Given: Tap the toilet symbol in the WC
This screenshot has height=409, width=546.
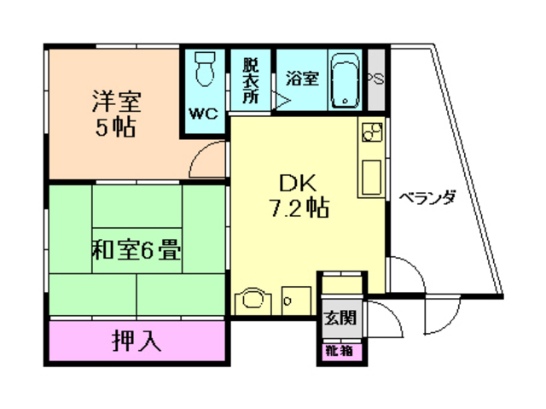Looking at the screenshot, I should click(x=205, y=68).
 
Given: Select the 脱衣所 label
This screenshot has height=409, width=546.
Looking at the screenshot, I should click(x=250, y=79).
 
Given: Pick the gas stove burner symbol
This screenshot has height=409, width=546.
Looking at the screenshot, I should click(x=371, y=134).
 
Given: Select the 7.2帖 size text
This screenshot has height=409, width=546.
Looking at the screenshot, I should click(x=298, y=207).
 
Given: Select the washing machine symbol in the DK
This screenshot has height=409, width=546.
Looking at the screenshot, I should click(x=252, y=299).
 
